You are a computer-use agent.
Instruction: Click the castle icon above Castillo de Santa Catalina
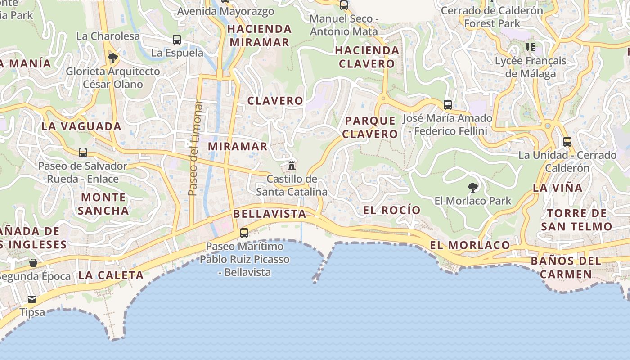tap(291, 165)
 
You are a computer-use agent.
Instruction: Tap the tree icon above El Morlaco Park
tap(472, 187)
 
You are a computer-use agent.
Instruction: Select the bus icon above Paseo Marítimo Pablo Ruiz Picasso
tap(244, 233)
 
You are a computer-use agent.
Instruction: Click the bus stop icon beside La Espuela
tap(177, 40)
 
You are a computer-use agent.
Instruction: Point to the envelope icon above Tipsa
tap(31, 299)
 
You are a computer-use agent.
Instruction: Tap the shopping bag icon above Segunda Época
tap(33, 263)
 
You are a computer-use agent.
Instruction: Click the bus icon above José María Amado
tap(448, 105)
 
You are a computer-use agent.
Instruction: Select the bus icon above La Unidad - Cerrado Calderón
tap(567, 142)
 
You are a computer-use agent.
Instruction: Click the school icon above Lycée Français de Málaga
tap(531, 47)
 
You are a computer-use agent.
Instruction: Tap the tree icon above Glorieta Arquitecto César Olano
tap(113, 58)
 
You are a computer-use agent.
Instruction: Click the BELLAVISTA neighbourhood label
tap(270, 214)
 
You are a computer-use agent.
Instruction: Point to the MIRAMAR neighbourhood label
tap(238, 146)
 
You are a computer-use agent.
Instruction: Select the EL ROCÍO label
tap(391, 210)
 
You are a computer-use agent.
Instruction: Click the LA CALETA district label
tap(111, 275)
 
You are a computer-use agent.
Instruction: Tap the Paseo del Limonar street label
tap(193, 148)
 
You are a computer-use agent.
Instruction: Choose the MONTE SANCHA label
tap(103, 204)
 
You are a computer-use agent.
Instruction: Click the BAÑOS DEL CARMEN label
tap(566, 267)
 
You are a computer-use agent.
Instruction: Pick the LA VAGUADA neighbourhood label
tap(81, 126)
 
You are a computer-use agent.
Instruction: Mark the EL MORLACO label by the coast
tap(470, 245)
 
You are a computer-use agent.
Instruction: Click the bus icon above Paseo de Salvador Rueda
tap(83, 153)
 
